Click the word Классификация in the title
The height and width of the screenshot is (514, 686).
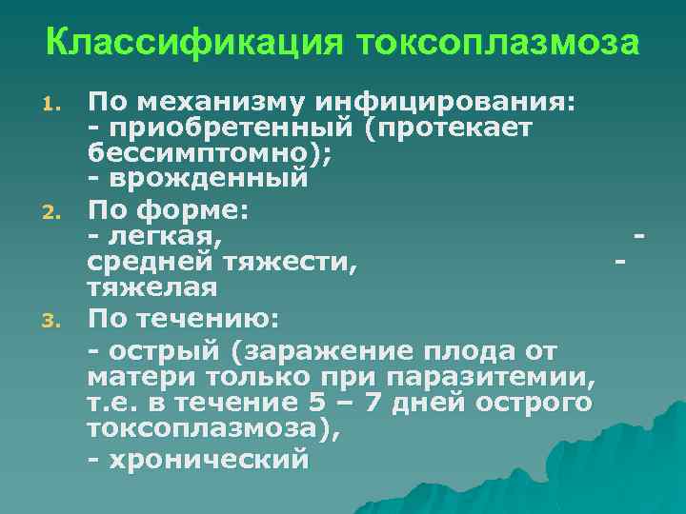[x=193, y=44]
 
